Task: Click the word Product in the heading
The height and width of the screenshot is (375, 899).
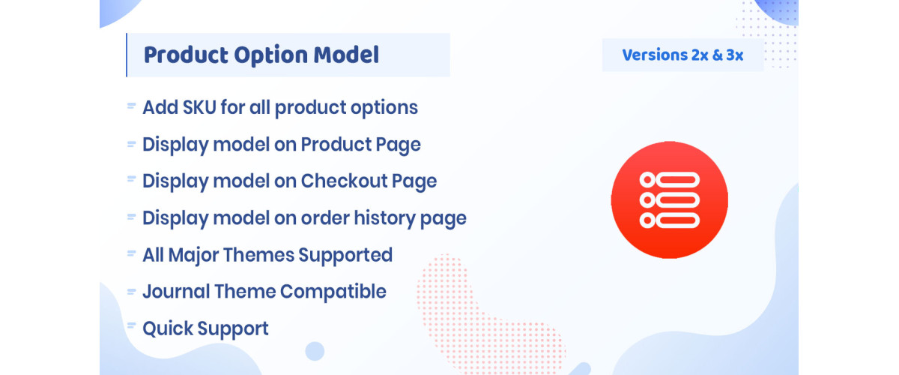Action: coord(182,55)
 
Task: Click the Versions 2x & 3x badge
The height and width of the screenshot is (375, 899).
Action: coord(682,55)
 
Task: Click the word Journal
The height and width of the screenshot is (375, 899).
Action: coord(174,291)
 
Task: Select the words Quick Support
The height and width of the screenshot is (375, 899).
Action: coord(205,328)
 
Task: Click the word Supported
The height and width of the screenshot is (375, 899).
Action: coord(345,255)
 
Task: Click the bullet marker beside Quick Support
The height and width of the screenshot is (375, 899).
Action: coord(131,327)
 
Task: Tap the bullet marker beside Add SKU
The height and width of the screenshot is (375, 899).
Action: coord(131,106)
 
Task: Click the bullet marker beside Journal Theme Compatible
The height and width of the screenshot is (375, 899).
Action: coord(131,290)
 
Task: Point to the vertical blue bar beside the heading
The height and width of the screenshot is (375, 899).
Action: coord(127,55)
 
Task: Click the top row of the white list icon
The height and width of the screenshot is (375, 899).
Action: coord(669,179)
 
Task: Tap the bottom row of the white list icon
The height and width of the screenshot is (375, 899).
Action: coord(669,220)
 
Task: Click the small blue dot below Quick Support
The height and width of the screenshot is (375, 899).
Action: coord(315,351)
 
